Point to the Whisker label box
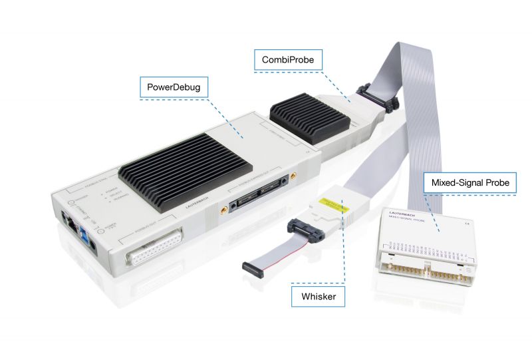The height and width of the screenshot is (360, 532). point(318,296)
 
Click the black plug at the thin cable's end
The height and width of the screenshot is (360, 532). point(252,269)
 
